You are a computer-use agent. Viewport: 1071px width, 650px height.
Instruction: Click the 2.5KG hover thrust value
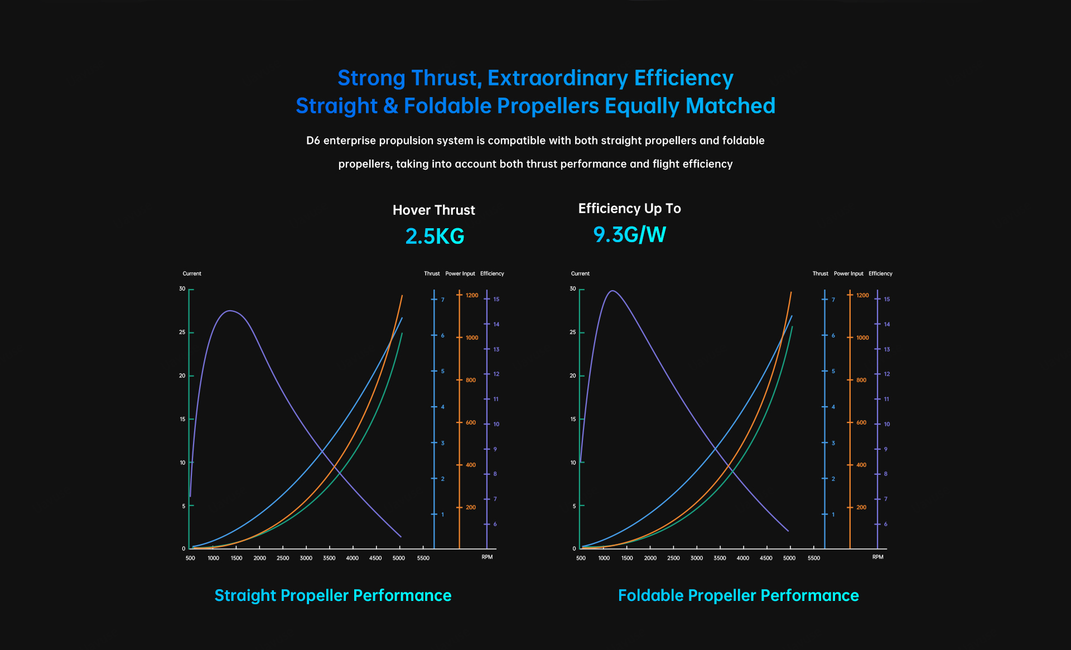[435, 236]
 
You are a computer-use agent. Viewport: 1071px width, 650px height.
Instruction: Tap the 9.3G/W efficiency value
[629, 234]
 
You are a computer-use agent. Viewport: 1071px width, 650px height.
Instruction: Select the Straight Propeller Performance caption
[333, 595]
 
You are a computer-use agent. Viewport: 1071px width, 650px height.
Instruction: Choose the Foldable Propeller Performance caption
[738, 595]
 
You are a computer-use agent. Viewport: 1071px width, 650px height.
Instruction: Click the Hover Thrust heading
[433, 210]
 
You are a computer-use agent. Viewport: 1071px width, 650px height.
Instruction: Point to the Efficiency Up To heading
[629, 209]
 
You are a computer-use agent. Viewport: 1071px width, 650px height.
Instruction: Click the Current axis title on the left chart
[192, 273]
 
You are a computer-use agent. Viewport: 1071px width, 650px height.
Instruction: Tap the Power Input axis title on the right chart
[848, 273]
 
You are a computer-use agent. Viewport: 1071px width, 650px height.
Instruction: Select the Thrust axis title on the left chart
[432, 273]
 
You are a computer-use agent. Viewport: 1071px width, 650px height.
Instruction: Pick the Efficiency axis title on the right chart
[880, 273]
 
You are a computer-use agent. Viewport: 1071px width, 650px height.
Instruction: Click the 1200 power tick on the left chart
[472, 295]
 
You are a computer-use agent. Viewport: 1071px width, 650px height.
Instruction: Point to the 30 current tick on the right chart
[573, 289]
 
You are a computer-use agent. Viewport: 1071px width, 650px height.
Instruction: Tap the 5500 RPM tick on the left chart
[423, 558]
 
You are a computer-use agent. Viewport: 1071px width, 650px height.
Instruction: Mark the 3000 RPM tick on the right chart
[697, 558]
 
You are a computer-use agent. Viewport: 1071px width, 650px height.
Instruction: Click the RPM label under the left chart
[487, 557]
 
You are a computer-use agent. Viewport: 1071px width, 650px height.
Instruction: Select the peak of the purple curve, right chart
[612, 291]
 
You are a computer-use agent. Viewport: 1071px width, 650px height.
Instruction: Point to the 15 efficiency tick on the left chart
[496, 299]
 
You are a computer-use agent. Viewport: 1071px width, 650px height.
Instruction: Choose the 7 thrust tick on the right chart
[833, 300]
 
